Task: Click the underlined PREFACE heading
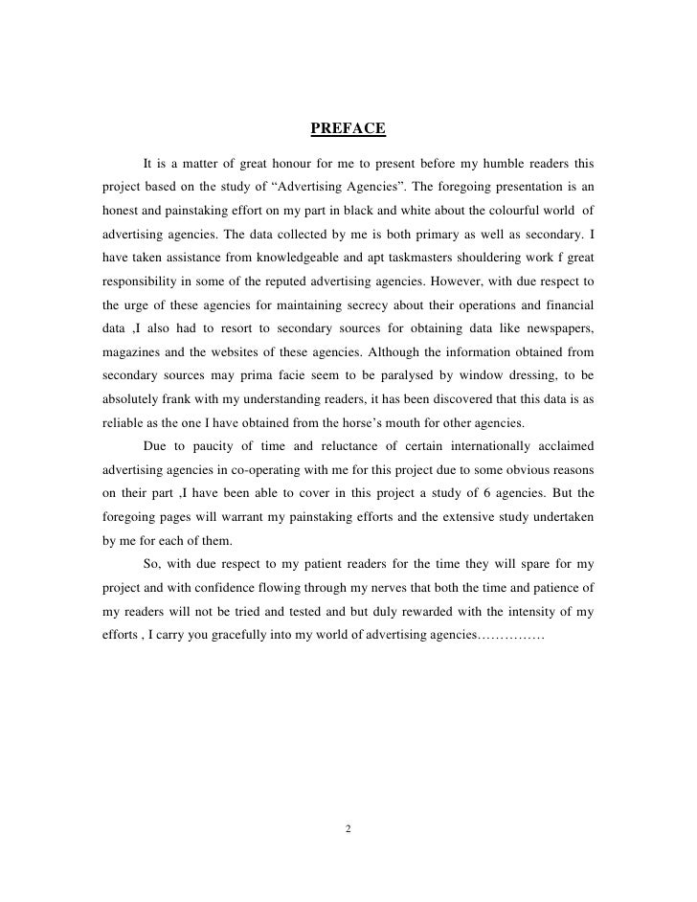348,128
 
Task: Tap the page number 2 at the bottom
348,828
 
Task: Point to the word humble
486,157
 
